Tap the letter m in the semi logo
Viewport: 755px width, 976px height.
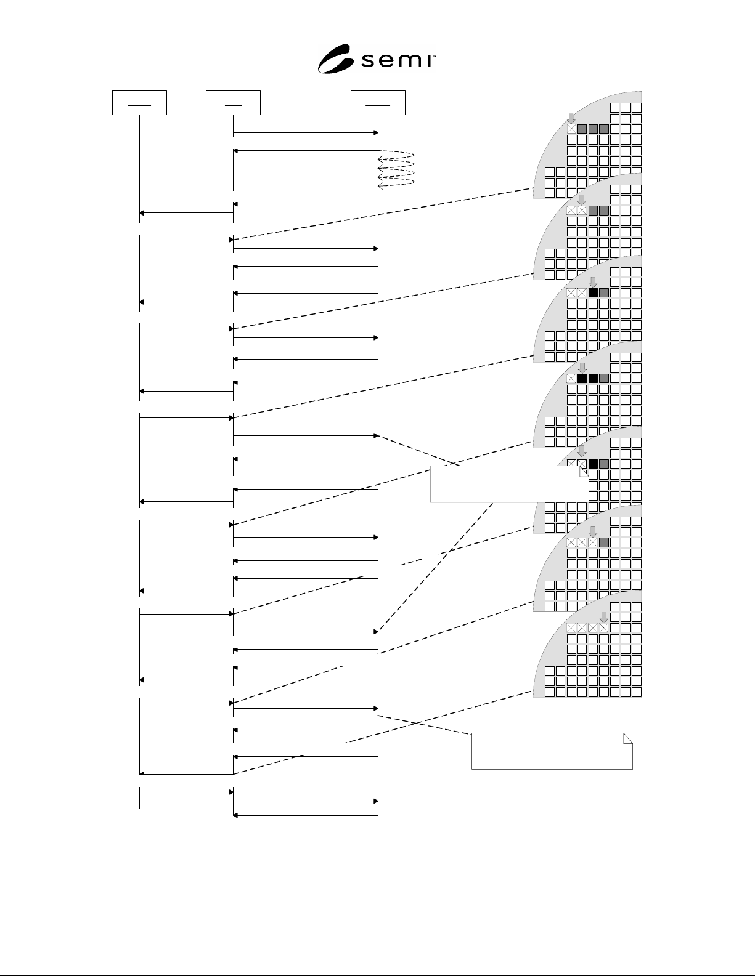pos(408,61)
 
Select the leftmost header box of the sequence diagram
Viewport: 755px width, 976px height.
pos(139,102)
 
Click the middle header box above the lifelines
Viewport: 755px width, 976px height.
pos(233,102)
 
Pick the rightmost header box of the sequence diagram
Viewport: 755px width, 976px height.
pos(378,102)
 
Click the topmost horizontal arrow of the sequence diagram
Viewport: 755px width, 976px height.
pos(306,132)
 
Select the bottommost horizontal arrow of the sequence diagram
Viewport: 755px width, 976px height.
pos(306,815)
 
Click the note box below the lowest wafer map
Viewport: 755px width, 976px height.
pos(552,751)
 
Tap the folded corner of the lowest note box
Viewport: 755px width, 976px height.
pos(628,738)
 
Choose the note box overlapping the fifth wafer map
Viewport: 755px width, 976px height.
pos(509,484)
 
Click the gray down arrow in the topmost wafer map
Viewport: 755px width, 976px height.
pos(571,119)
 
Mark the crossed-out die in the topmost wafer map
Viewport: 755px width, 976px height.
pos(571,129)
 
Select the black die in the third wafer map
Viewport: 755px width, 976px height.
pos(593,293)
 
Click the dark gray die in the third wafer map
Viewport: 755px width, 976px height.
pos(603,293)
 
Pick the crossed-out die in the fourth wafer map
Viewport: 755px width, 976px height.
pos(571,379)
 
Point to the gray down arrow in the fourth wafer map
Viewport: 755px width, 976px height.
pos(582,368)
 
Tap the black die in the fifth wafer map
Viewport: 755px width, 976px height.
pos(593,464)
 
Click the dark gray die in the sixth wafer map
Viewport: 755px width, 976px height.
pos(603,542)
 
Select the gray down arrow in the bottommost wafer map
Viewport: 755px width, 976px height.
pos(603,618)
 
